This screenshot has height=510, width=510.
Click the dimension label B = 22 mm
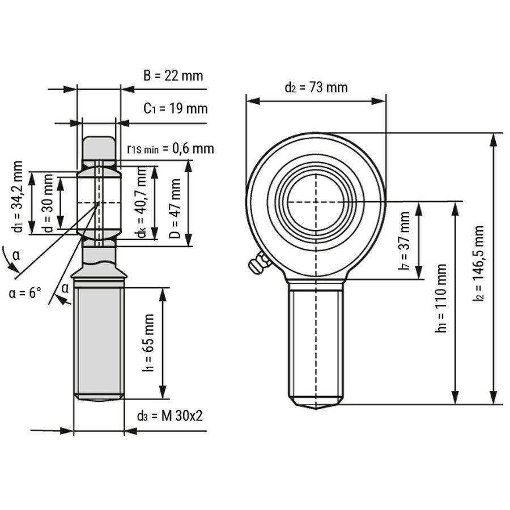point(172,75)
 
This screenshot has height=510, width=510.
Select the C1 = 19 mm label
point(175,108)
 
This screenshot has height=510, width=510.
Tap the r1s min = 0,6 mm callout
point(171,148)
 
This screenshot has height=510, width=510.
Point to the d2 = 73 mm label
point(316,87)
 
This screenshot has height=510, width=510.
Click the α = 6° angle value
point(25,293)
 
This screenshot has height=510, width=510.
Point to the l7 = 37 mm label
point(404,241)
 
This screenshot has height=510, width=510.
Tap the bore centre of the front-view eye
point(316,202)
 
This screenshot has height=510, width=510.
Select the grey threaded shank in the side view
point(99,340)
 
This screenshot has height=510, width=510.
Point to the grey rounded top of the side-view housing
point(99,147)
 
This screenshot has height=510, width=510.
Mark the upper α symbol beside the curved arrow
point(16,256)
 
